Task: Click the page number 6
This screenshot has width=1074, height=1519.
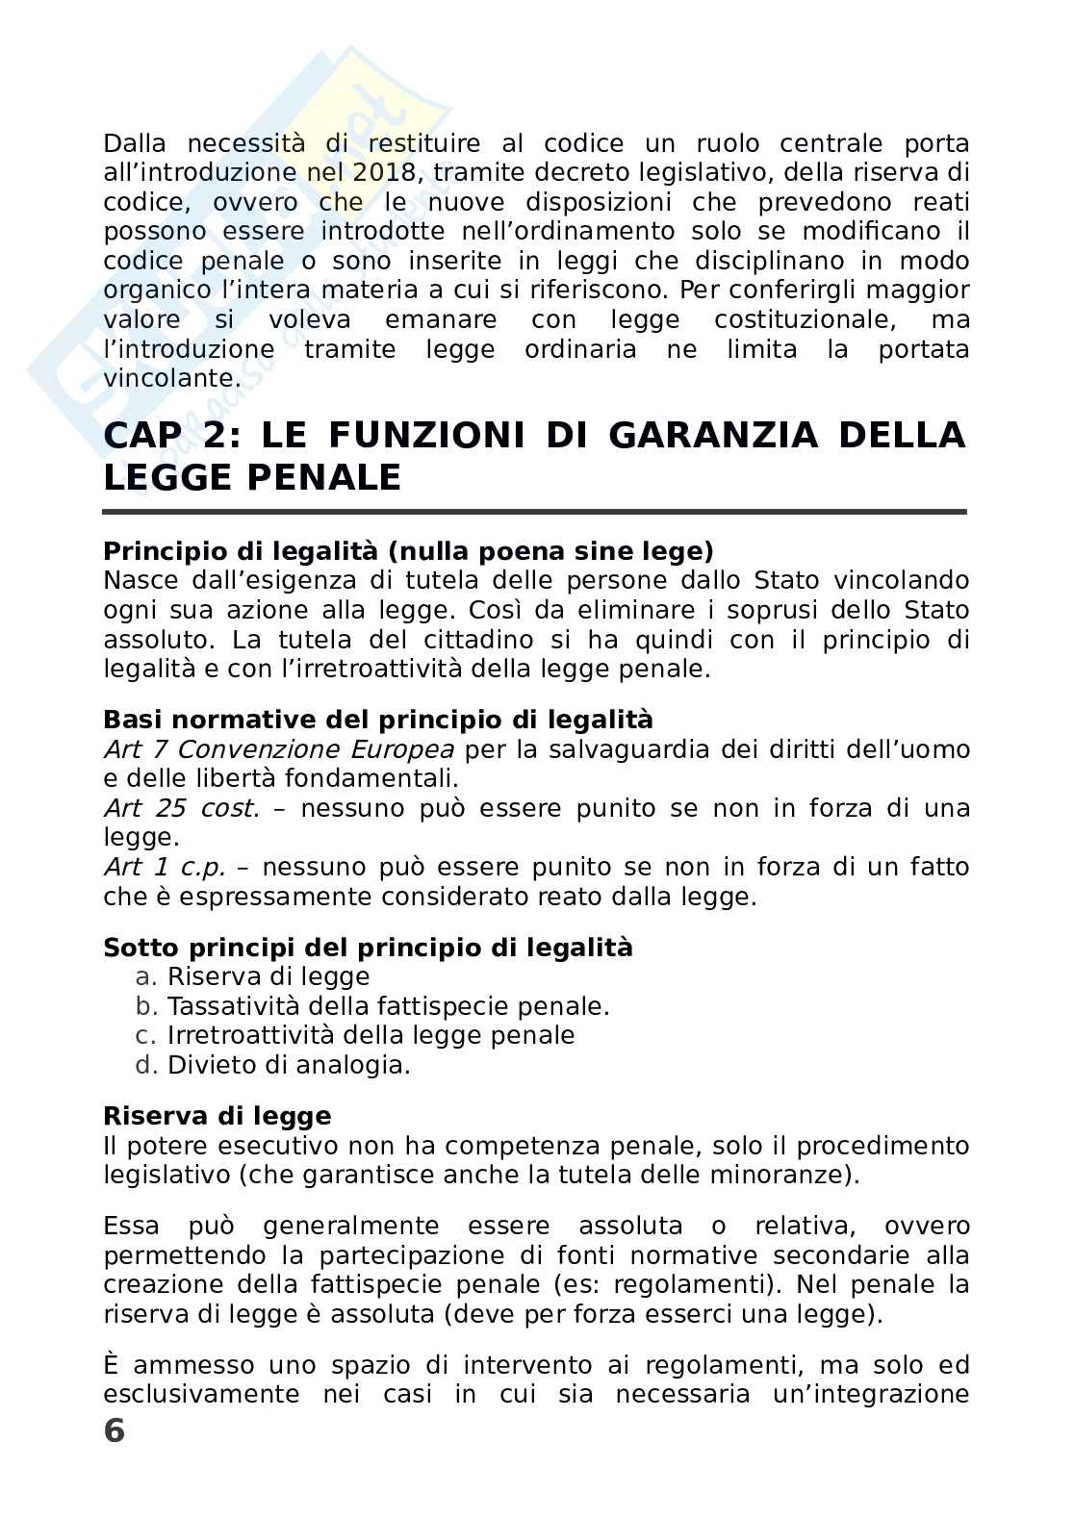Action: tap(114, 1430)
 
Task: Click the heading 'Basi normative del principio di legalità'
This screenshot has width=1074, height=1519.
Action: tap(377, 720)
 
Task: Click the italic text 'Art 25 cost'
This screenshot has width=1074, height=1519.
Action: tap(180, 808)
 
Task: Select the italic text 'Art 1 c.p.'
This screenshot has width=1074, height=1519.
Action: tap(164, 867)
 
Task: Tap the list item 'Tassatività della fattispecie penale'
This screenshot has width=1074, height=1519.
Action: tap(388, 1006)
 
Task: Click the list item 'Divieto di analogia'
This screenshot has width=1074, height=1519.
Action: tap(288, 1065)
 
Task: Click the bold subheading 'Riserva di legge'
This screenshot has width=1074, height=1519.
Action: tap(217, 1116)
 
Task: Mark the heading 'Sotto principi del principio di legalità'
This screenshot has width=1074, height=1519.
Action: tap(368, 948)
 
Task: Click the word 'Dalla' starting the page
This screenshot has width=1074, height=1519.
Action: tap(135, 144)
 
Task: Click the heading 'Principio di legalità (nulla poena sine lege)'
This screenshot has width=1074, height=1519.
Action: tap(408, 551)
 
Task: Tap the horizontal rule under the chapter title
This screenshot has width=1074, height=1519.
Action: tap(534, 512)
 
